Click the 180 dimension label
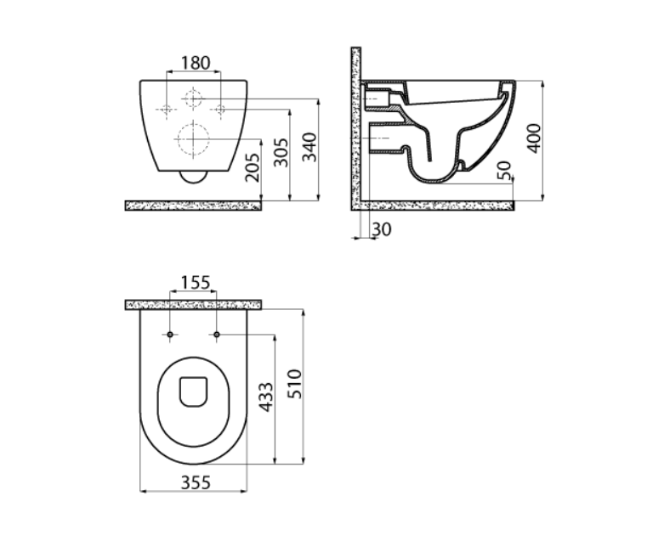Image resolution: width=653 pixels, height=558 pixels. pos(196,63)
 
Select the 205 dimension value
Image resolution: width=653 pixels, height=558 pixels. pos(252,167)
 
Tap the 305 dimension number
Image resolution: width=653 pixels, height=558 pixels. pos(281,152)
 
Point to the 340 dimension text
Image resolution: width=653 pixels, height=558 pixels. pos(309,147)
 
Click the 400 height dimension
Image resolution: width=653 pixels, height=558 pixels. pos(533,138)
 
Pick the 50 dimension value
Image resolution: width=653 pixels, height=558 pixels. pos(505,170)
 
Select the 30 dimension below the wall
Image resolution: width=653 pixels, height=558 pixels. pos(382,229)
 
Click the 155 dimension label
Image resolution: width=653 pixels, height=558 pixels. pos(196,283)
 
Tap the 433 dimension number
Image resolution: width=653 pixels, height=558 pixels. pos(265,397)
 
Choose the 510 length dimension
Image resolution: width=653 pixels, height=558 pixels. pos(294,384)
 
